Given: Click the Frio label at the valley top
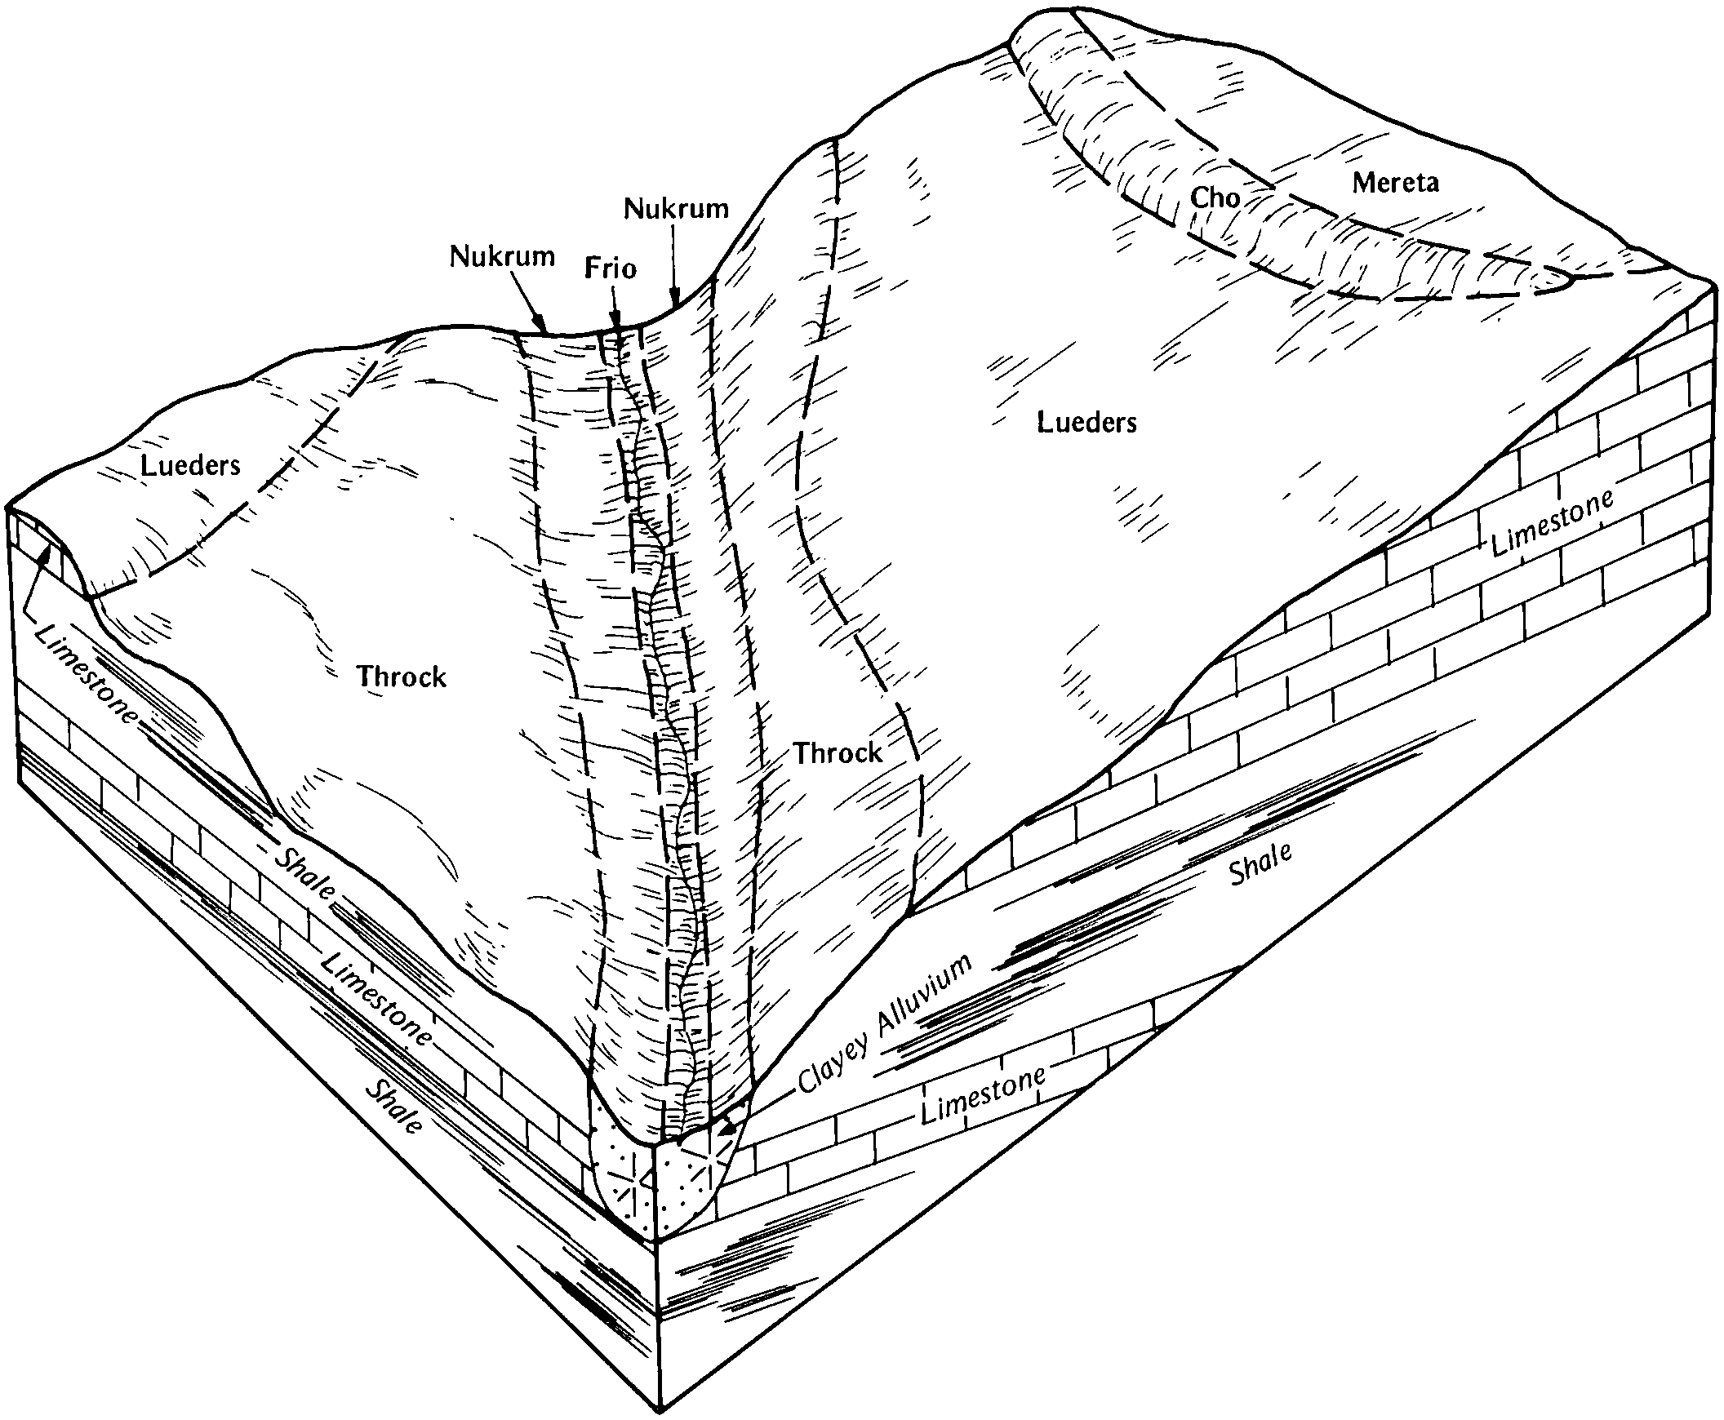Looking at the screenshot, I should coord(610,268).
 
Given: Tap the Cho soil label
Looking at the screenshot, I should coord(1215,197).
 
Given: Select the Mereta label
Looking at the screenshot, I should coord(1395,183).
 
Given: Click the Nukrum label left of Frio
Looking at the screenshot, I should coord(501,256).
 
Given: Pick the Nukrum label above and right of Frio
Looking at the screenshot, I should coord(675,209).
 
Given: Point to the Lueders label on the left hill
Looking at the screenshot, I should coord(190,465).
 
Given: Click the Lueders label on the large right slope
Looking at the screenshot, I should coord(1086,422).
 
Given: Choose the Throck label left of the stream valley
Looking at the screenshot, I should coord(401,677).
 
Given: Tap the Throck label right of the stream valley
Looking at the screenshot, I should coord(838,752).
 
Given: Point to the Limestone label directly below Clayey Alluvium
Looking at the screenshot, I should coord(983,1095).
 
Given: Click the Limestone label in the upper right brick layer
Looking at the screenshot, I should coord(1551,522).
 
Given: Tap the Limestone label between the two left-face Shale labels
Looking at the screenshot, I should coord(375,1000).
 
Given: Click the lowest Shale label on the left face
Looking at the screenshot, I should coord(393,1106).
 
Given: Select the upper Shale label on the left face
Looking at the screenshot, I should coord(304,873).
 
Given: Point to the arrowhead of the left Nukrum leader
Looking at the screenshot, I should coord(541,326).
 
